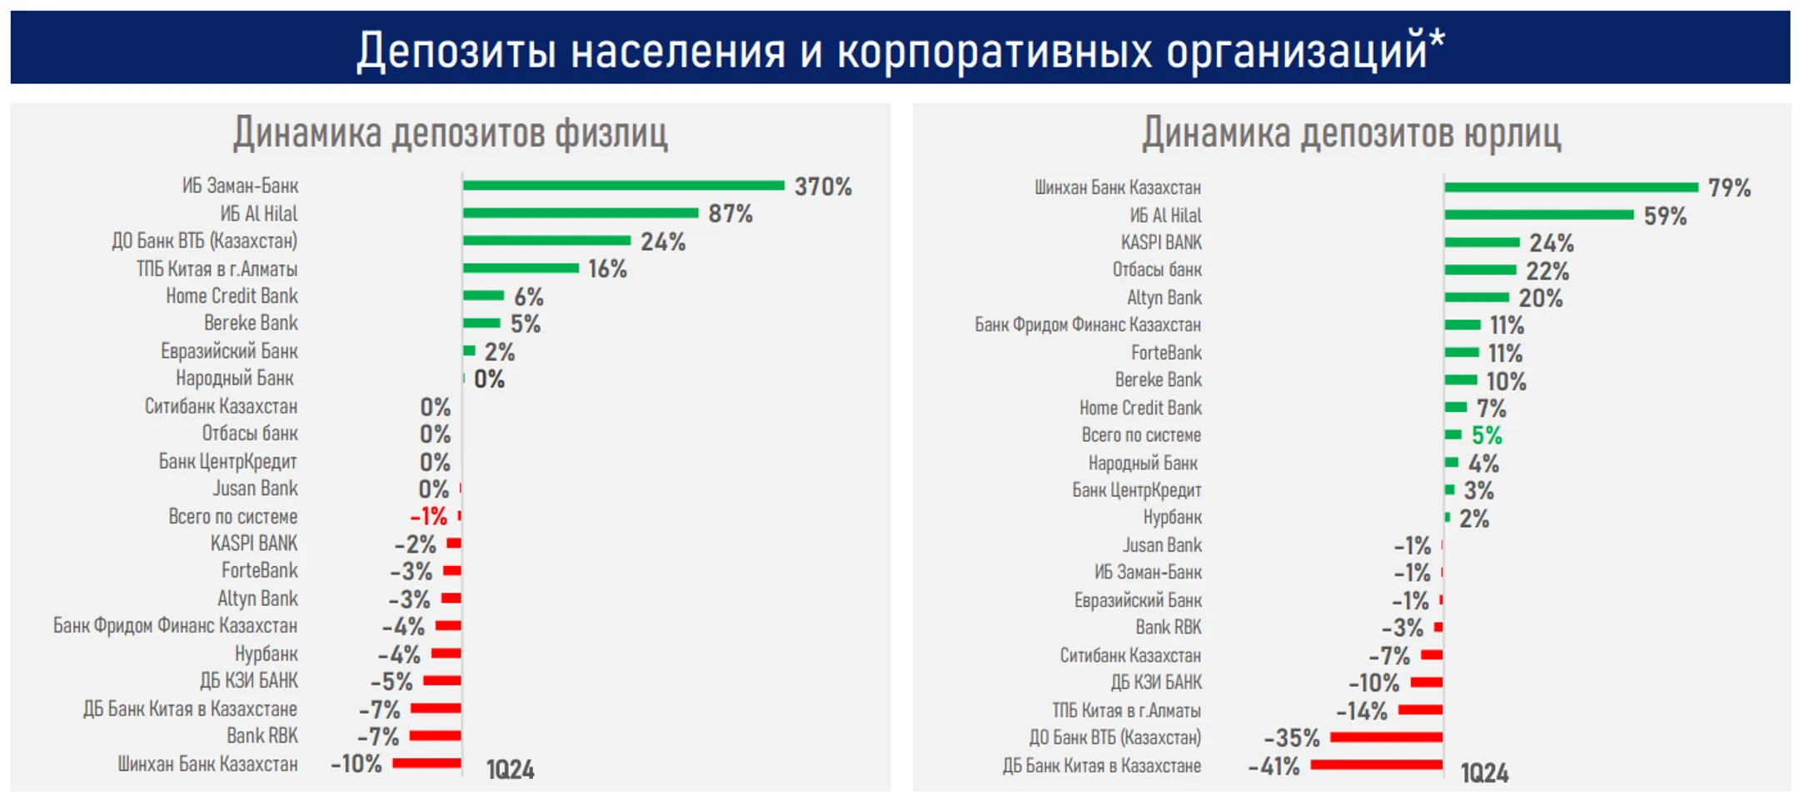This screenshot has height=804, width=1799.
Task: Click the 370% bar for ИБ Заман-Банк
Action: (x=623, y=186)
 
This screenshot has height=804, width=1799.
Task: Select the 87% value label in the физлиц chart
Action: (x=730, y=214)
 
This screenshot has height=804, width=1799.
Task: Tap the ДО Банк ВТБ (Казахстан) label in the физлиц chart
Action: (x=204, y=241)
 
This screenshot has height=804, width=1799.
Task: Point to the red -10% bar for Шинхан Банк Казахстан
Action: (x=426, y=763)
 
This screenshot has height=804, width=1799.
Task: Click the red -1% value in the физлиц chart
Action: (x=429, y=517)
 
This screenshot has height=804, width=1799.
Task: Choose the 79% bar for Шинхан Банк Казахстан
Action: (x=1571, y=187)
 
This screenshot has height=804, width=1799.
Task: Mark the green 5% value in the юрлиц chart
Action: (x=1487, y=435)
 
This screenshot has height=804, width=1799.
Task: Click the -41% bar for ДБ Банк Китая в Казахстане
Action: (x=1376, y=765)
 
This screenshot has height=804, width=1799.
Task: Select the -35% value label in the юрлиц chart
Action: (x=1292, y=738)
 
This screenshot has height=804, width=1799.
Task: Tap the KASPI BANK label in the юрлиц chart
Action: (x=1161, y=243)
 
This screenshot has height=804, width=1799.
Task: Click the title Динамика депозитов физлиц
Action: (x=450, y=133)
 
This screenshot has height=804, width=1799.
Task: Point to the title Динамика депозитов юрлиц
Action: (x=1351, y=133)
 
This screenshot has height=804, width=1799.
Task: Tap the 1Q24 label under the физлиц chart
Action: (x=511, y=770)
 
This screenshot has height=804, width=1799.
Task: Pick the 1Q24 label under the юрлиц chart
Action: (x=1484, y=773)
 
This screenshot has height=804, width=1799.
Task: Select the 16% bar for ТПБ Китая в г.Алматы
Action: (x=521, y=268)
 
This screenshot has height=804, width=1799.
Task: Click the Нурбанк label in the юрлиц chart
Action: (x=1172, y=518)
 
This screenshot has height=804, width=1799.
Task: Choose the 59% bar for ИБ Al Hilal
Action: (x=1538, y=215)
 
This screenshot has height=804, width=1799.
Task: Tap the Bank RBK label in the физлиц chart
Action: (x=262, y=736)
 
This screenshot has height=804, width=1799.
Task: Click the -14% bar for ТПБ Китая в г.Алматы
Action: (x=1420, y=710)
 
